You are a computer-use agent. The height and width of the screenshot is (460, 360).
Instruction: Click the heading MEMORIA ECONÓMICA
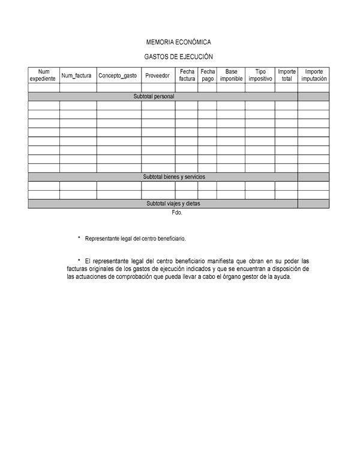(179, 43)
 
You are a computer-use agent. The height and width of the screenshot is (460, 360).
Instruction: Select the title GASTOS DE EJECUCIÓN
(179, 56)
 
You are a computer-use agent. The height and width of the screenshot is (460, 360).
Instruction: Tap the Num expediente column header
(44, 75)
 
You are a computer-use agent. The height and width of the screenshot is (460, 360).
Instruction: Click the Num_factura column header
(76, 76)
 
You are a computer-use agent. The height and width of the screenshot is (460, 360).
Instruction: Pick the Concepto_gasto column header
(118, 76)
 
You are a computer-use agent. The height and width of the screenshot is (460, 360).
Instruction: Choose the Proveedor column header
(158, 76)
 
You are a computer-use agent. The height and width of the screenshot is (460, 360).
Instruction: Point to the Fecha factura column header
(187, 75)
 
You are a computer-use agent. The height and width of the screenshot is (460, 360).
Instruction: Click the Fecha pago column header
(208, 75)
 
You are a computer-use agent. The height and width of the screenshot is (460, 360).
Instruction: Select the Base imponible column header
(231, 75)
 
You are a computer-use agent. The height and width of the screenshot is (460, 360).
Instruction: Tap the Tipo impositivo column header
(260, 75)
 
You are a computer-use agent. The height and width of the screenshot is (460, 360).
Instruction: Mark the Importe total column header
(287, 75)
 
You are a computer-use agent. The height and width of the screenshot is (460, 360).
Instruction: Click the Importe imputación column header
(314, 75)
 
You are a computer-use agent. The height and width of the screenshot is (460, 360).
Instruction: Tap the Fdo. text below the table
(176, 212)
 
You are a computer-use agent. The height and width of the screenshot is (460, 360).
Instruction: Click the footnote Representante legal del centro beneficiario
(136, 239)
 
